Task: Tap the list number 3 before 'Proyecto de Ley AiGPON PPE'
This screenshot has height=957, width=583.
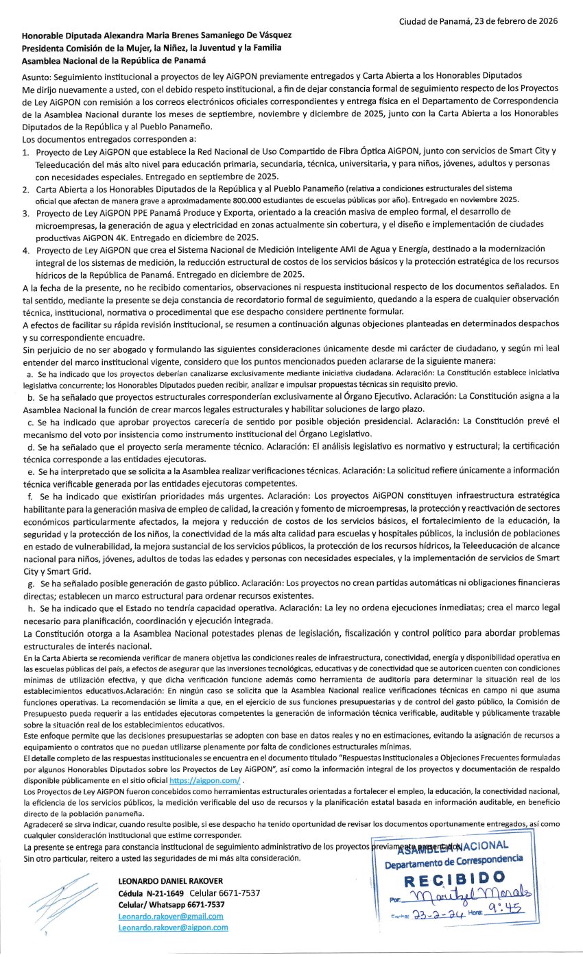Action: (x=25, y=213)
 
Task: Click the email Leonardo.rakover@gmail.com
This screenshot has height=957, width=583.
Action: (x=171, y=916)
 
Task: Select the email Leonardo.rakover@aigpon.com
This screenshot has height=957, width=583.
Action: (x=173, y=927)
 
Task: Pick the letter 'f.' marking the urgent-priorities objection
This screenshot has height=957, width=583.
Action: (x=29, y=495)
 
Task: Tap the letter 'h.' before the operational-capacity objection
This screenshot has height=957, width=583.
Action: (x=30, y=607)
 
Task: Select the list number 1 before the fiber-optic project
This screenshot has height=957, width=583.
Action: (x=25, y=151)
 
